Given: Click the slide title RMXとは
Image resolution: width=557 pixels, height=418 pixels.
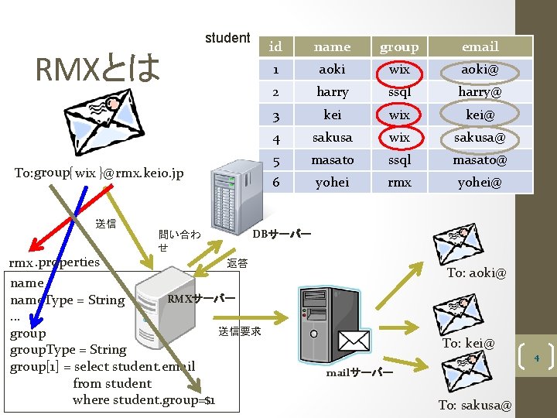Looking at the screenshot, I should [x=98, y=68].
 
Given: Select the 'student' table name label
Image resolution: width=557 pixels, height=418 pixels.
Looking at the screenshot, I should [x=227, y=38].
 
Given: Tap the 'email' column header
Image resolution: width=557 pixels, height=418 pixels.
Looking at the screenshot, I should [x=480, y=47].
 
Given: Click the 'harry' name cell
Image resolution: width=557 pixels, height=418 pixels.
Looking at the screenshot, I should [x=332, y=92].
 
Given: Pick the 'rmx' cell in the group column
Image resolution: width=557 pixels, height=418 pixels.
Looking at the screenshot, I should [x=399, y=183].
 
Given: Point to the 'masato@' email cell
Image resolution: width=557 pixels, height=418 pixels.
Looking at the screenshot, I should [x=480, y=160].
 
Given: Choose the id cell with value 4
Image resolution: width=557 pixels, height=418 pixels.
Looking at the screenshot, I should [x=275, y=138].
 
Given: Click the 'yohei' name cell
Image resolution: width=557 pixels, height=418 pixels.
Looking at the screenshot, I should [x=332, y=183].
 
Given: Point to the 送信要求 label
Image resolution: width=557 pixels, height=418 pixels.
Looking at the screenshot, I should [x=240, y=332].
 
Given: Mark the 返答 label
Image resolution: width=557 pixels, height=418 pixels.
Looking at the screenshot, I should [x=237, y=263].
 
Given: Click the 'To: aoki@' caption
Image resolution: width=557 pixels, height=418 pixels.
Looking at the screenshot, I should [x=477, y=273].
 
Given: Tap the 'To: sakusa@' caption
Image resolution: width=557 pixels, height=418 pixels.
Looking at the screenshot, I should [x=475, y=405].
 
